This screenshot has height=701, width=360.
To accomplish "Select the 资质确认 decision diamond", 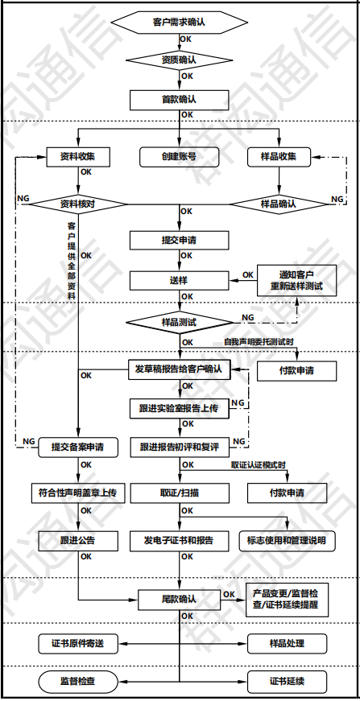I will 179,60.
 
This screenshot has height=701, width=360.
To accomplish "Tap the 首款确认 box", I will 179,99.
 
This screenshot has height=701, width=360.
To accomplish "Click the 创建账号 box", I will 179,156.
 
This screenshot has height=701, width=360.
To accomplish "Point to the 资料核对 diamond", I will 78,204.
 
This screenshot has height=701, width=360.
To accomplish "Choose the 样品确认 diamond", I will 279,204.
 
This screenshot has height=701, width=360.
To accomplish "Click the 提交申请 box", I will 179,240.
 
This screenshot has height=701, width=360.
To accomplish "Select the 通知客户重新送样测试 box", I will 292,280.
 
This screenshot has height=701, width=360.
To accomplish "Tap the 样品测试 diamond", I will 179,321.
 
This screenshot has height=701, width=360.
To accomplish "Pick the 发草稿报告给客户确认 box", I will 179,369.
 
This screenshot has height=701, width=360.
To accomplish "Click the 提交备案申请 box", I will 78,446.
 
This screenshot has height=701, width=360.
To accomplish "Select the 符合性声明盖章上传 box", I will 78,493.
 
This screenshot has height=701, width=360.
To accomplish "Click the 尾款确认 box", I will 179,599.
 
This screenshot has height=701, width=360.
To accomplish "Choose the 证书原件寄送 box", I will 78,643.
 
